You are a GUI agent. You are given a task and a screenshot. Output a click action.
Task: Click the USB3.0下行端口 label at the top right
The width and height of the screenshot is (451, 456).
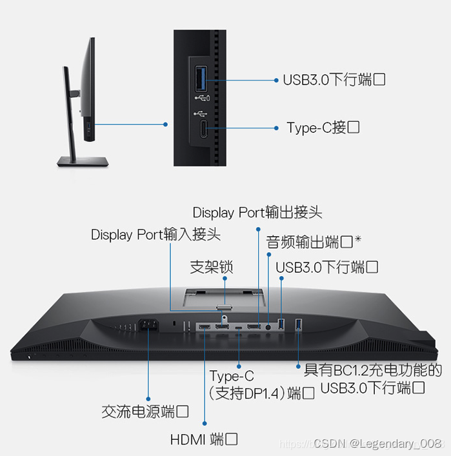coord(334,80)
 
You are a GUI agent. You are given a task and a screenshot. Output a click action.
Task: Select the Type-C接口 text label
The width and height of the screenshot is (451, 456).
coord(323,128)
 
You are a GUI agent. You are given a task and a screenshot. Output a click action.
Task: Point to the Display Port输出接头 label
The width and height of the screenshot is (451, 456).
coord(257,212)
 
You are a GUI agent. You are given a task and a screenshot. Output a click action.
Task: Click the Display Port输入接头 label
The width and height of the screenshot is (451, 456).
coord(155,234)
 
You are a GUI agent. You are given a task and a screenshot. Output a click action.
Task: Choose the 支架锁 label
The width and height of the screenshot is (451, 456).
coord(211,267)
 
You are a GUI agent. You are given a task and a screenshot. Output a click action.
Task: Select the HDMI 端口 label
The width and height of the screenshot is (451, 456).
coord(204,439)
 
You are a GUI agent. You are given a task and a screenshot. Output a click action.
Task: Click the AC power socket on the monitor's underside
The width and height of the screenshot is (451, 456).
coord(148,324)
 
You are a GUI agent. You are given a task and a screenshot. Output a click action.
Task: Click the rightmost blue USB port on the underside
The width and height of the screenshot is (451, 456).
coord(298,324)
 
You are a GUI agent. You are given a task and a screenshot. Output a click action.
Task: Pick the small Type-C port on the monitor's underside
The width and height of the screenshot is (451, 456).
coord(239,328)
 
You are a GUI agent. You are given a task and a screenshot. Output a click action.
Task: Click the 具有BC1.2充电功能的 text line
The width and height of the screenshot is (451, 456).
coord(373,370)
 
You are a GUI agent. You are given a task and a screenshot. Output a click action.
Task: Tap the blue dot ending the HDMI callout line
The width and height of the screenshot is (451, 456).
coord(205,424)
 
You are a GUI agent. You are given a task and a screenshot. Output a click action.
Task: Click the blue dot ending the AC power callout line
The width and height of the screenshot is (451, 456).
coord(148,399)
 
